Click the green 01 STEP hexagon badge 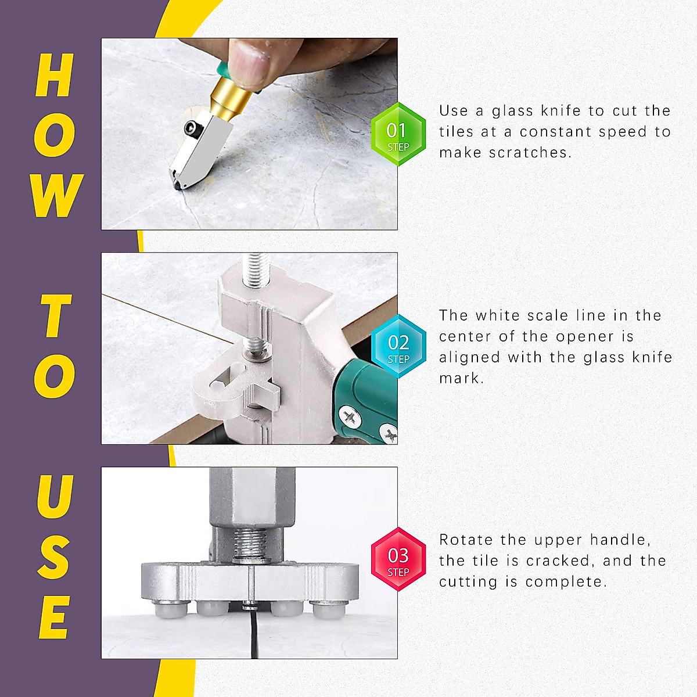tap(398, 134)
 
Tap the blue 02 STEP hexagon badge tap(398, 347)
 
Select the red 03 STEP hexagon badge tap(398, 559)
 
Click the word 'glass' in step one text tap(512, 111)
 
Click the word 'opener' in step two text tap(584, 337)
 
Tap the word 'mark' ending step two tap(459, 378)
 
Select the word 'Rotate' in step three tap(465, 540)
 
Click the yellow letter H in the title tap(55, 75)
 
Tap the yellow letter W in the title tap(57, 196)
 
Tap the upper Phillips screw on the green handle tap(350, 417)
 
